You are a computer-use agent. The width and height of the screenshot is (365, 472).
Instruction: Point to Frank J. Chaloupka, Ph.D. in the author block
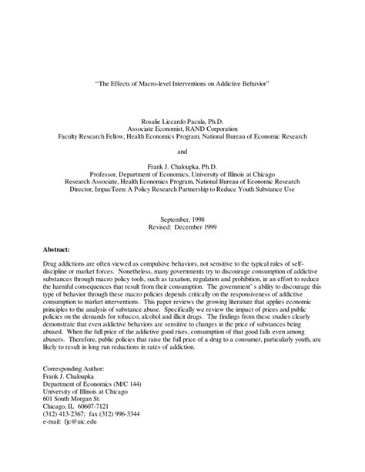[182, 166]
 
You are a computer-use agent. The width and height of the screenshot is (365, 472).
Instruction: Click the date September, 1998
[182, 220]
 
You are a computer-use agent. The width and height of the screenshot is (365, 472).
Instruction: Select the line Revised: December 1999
[182, 228]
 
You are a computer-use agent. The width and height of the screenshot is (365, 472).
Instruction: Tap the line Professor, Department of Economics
[182, 174]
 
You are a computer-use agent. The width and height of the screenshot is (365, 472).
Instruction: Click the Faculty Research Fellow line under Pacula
[182, 136]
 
